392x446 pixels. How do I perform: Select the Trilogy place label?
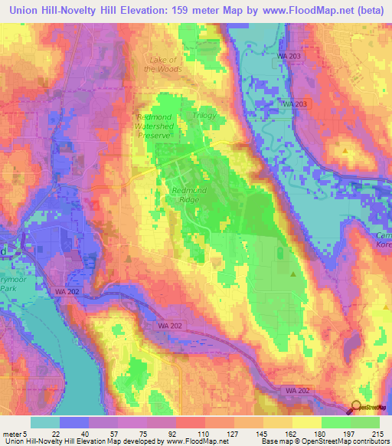pos(204,115)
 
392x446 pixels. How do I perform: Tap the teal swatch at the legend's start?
pos(44,423)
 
